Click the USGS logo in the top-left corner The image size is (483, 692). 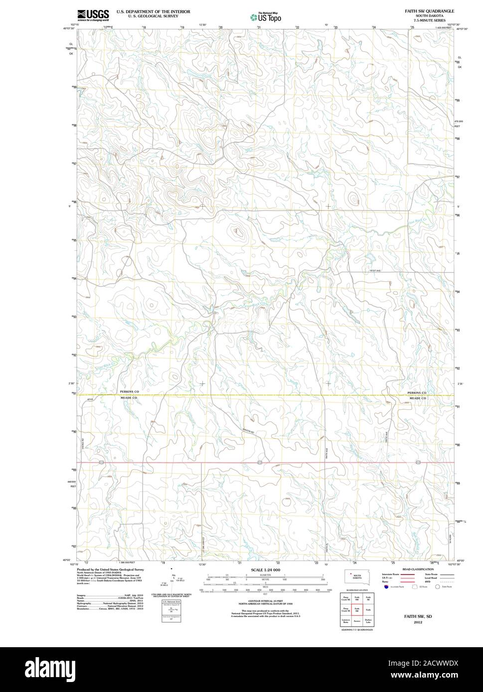[93, 15]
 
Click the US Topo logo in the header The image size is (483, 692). [266, 17]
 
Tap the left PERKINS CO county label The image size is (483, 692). [129, 392]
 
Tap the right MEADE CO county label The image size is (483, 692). [418, 398]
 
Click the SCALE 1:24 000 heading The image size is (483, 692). [266, 570]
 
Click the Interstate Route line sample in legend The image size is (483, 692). [407, 574]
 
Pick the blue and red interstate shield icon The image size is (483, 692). [386, 586]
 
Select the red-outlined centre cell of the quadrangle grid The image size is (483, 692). [357, 609]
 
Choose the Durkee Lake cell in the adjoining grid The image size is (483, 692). [368, 621]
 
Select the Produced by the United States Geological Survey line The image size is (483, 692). [110, 569]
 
